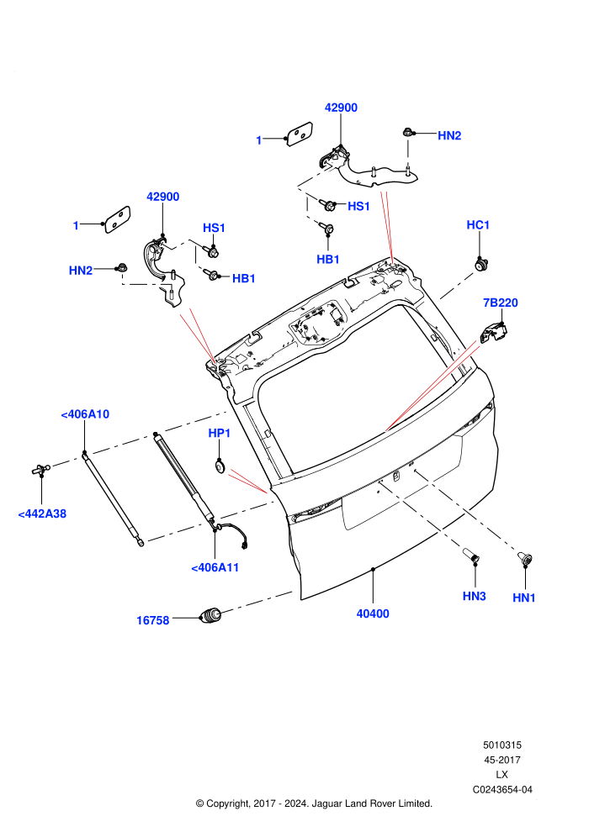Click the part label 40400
point(372,613)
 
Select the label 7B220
point(501,303)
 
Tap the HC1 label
point(478,225)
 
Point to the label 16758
point(152,620)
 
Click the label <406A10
point(85,414)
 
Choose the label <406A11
point(215,568)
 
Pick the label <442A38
point(42,513)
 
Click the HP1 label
point(220,434)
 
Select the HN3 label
point(475,597)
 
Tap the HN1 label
point(524,598)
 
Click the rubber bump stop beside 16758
point(210,615)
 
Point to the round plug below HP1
point(220,466)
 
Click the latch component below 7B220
point(494,332)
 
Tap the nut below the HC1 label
point(480,263)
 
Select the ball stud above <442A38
point(41,469)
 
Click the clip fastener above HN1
point(525,559)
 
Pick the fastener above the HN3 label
point(471,556)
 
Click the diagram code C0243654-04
point(502,789)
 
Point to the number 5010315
point(502,745)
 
